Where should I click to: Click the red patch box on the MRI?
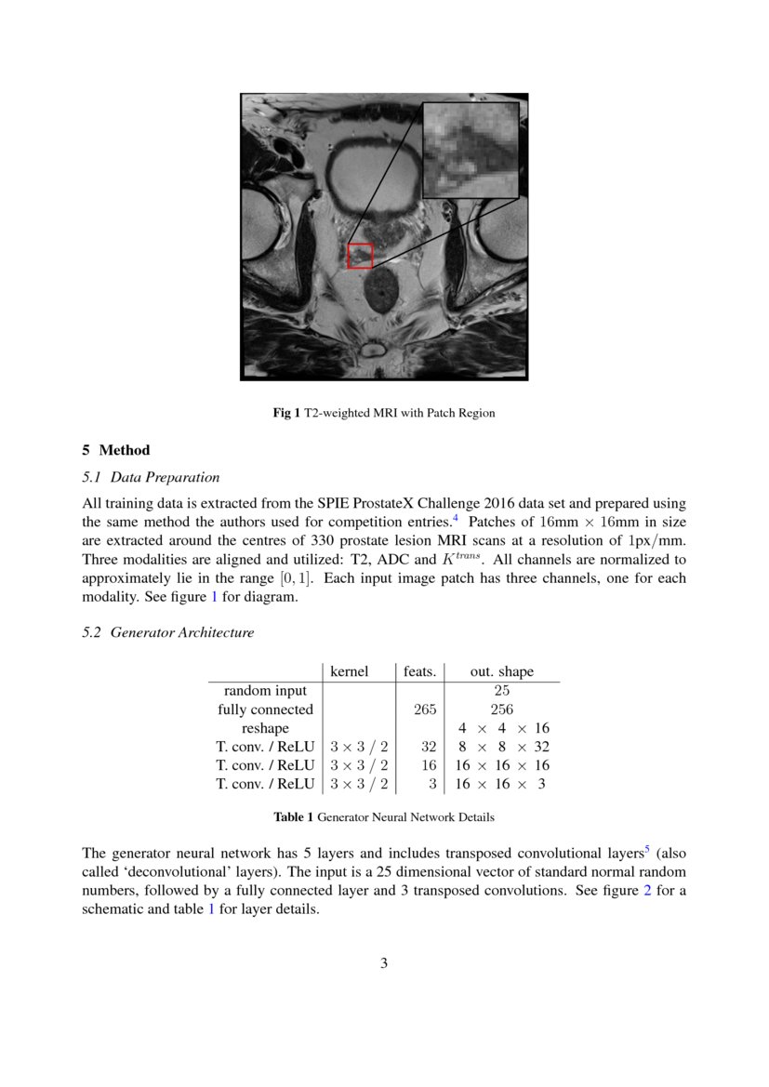tap(360, 256)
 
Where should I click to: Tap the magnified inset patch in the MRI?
tap(471, 150)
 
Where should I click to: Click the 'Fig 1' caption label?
tap(286, 413)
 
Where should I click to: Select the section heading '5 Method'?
tap(116, 450)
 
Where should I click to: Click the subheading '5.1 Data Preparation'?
tap(152, 477)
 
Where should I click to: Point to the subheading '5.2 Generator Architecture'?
tap(168, 632)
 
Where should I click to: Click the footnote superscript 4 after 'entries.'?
tap(456, 518)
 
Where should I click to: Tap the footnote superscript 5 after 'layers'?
tap(647, 848)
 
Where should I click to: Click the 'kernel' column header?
tap(350, 671)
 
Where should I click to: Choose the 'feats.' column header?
tap(420, 671)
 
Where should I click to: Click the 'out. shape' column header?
tap(502, 671)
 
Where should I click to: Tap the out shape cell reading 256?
tap(501, 709)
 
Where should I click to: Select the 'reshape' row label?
tap(265, 728)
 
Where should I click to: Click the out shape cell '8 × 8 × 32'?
tap(501, 747)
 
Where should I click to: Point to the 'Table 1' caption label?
tap(293, 817)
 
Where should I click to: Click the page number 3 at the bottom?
tap(384, 963)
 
